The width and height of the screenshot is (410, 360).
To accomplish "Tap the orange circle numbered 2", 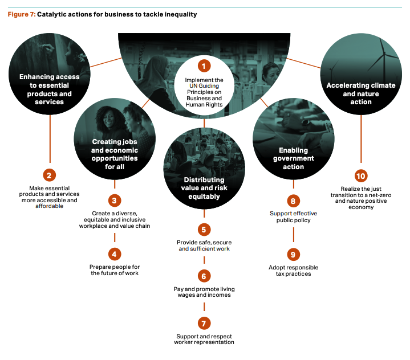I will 50,175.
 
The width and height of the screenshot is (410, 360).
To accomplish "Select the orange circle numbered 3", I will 115,201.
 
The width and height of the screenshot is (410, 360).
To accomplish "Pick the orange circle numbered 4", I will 115,254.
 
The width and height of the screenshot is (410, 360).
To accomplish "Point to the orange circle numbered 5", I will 204,230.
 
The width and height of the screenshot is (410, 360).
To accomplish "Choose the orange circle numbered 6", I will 204,276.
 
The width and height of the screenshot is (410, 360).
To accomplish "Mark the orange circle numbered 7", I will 204,324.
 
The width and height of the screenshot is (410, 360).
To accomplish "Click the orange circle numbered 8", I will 293,201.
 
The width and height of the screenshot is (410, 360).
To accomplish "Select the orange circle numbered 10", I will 360,175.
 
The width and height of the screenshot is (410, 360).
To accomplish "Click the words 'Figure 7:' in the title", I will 21,14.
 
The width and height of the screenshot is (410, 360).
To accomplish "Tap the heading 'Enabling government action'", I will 293,159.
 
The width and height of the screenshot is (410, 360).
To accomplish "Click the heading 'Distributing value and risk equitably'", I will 204,189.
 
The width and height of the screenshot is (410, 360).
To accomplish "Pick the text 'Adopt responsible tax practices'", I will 293,271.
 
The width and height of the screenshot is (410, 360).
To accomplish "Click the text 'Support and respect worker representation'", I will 204,339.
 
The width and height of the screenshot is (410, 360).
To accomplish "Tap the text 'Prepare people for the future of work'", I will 115,270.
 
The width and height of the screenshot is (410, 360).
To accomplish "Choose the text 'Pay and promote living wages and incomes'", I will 204,292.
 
